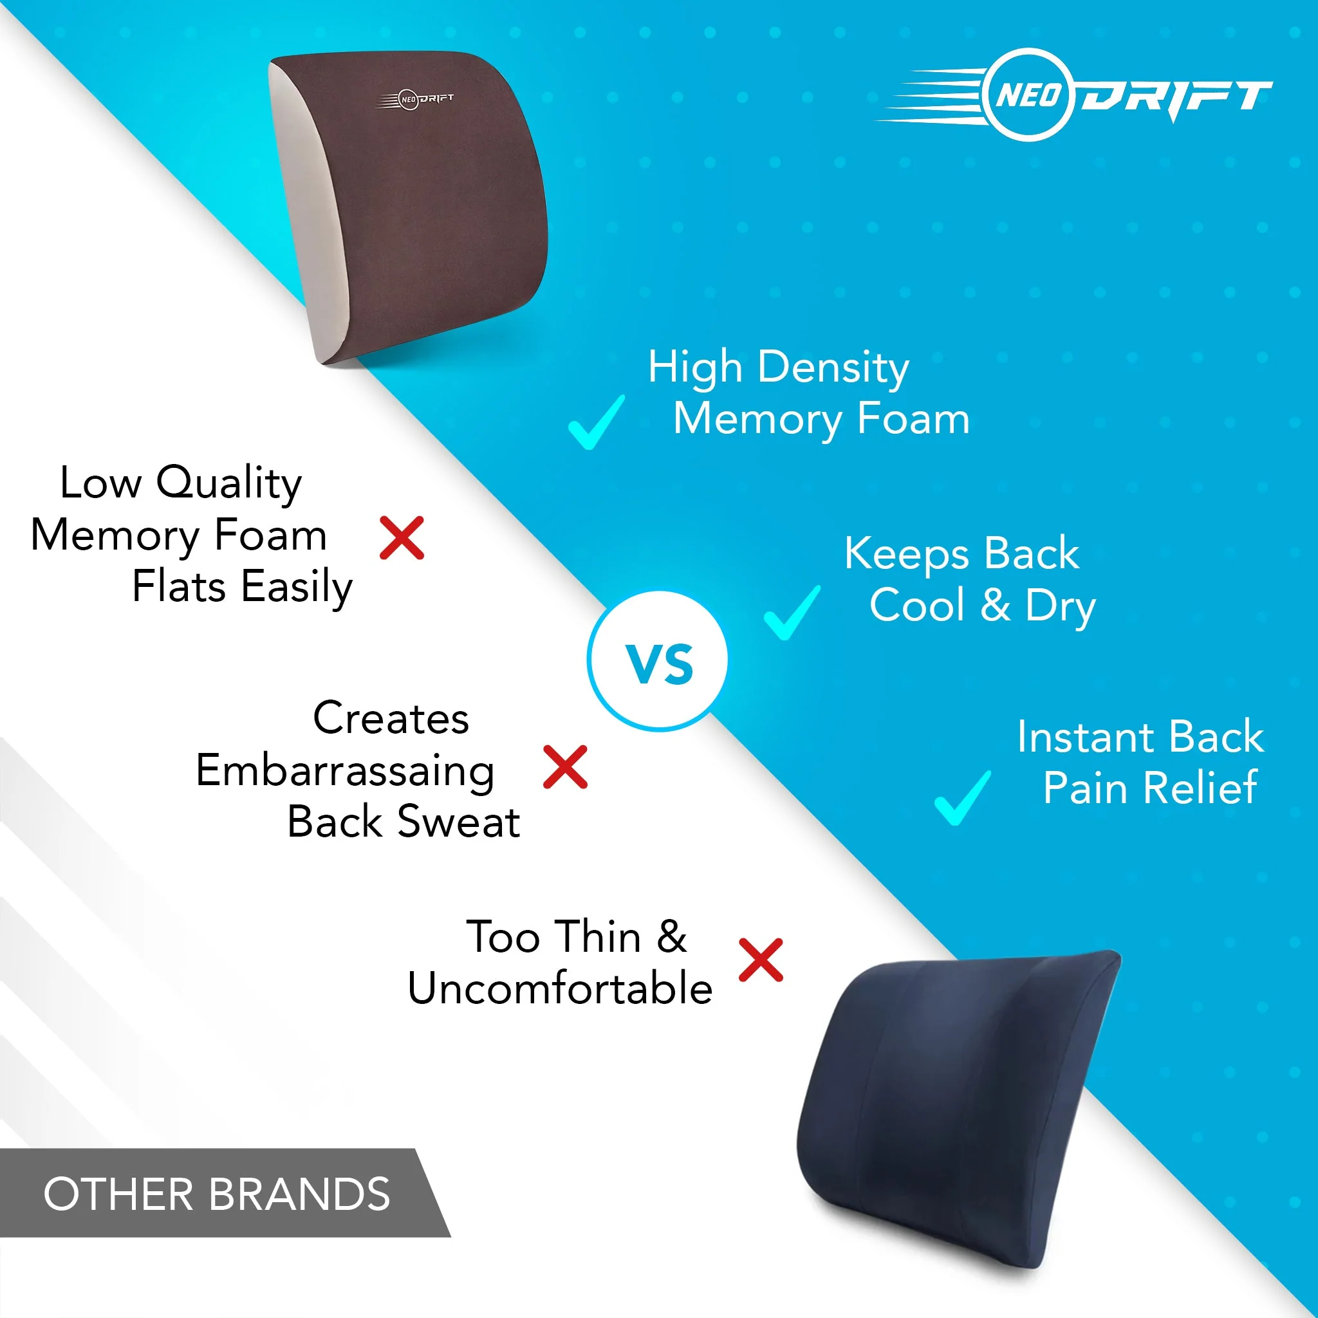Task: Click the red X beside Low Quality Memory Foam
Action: pyautogui.click(x=402, y=538)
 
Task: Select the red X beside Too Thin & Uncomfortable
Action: pyautogui.click(x=761, y=961)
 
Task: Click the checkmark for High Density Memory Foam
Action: pyautogui.click(x=596, y=423)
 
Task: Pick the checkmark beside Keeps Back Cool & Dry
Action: pyautogui.click(x=792, y=613)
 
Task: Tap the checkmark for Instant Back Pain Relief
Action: pyautogui.click(x=963, y=797)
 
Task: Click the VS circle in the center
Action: pyautogui.click(x=658, y=661)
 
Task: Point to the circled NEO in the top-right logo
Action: pyautogui.click(x=1030, y=95)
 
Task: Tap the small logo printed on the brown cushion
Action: pyautogui.click(x=416, y=100)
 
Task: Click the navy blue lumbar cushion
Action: pyautogui.click(x=955, y=1105)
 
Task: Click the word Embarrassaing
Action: pyautogui.click(x=345, y=771)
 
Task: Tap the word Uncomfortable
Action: pyautogui.click(x=560, y=988)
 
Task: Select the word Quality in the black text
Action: pyautogui.click(x=229, y=483)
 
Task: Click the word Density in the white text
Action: pyautogui.click(x=833, y=367)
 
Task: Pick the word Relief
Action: pyautogui.click(x=1200, y=788)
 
